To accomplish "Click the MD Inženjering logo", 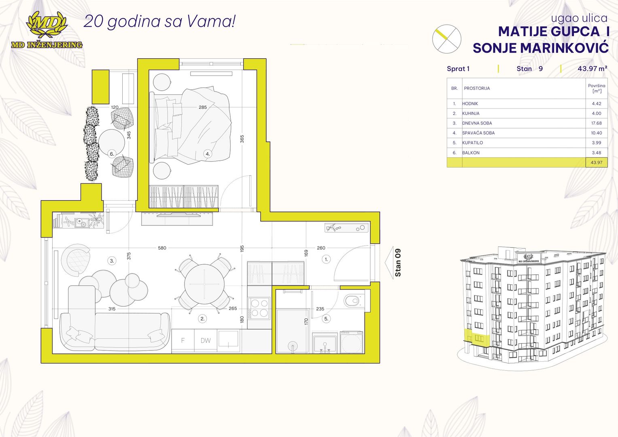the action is (x=47, y=30).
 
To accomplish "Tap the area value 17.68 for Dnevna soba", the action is (x=596, y=123).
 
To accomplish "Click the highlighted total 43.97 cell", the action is (x=597, y=163).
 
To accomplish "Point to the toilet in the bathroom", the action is (x=354, y=300).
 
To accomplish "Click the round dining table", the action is (x=204, y=284).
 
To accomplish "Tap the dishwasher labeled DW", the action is (x=206, y=340).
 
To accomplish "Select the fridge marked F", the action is (x=183, y=340).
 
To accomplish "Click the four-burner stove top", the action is (x=259, y=308).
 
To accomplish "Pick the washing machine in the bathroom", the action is (x=351, y=342).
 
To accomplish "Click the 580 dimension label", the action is (x=162, y=248).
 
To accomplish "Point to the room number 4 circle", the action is (x=208, y=154).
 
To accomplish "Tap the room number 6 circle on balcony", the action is (x=112, y=154).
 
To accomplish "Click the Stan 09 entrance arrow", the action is (x=389, y=263).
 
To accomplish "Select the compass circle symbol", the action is (x=447, y=39).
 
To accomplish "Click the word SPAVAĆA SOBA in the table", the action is (x=478, y=133).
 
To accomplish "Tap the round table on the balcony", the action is (x=112, y=142).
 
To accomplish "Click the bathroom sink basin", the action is (x=325, y=343).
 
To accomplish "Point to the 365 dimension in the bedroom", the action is (x=242, y=139).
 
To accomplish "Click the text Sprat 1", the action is (x=458, y=69).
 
